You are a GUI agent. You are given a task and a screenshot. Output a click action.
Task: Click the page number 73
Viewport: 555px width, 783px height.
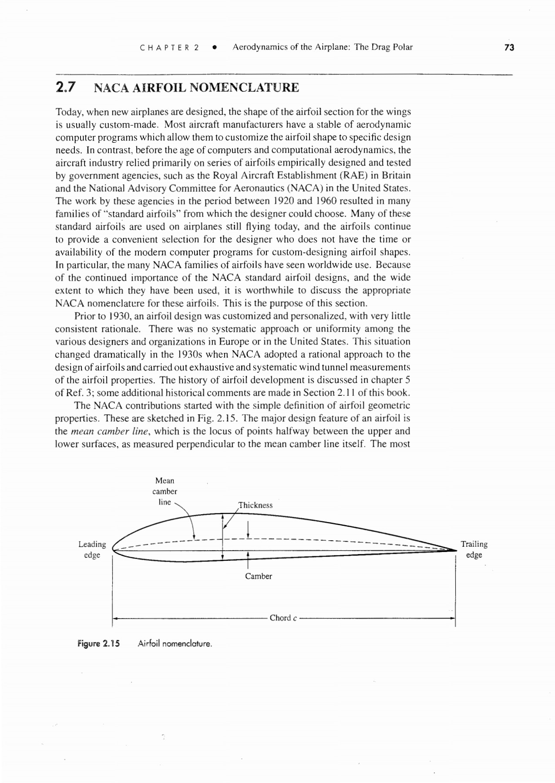tap(509, 47)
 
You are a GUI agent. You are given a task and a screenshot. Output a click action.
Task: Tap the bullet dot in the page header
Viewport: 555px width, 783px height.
tap(214, 47)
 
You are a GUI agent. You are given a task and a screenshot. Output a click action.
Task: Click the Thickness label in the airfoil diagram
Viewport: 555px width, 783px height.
tap(256, 505)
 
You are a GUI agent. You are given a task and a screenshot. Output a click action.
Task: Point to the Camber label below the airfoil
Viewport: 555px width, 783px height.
tap(258, 576)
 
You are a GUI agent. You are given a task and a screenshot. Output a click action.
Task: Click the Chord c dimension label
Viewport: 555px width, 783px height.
tap(283, 618)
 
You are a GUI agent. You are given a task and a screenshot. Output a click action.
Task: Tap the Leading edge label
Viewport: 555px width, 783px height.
tap(92, 549)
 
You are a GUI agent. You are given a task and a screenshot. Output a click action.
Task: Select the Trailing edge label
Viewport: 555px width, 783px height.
tap(474, 549)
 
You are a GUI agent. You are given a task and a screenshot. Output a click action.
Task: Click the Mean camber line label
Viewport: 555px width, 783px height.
tap(165, 491)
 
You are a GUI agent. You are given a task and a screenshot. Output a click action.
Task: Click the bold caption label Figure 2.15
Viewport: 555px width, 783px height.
tap(98, 643)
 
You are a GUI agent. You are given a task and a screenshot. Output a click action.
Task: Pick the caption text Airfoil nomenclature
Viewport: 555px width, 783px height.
tap(175, 643)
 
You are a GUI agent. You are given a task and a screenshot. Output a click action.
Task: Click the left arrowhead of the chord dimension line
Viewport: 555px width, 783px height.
tap(115, 618)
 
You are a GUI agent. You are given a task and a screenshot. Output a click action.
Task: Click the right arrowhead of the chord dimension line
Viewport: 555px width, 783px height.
tap(453, 618)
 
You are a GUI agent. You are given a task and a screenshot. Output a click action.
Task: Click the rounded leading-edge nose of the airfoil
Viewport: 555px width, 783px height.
tap(114, 549)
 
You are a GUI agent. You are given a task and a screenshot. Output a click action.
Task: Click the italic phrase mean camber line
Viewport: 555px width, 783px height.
tap(111, 431)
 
